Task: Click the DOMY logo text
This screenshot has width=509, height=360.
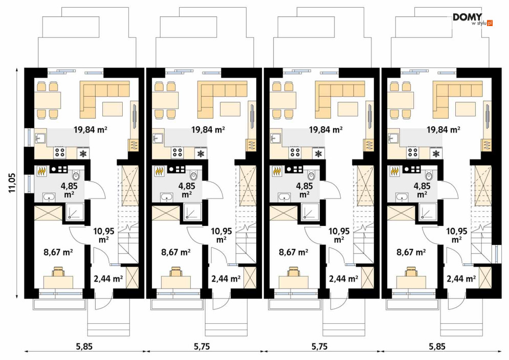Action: click(x=467, y=17)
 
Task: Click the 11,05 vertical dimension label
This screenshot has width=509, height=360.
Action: click(x=12, y=183)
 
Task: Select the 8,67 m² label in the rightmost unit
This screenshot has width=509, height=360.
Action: click(x=411, y=252)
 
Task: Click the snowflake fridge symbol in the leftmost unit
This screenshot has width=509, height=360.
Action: click(x=83, y=153)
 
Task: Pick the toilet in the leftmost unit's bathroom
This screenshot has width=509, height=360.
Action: click(x=76, y=175)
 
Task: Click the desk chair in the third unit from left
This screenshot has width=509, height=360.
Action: click(x=294, y=272)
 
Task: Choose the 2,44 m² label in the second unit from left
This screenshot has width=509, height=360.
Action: click(x=226, y=278)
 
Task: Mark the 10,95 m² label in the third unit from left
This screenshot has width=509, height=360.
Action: click(x=339, y=235)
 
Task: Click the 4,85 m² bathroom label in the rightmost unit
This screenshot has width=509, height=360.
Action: click(x=422, y=190)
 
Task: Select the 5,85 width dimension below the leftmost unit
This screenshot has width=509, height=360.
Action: click(x=84, y=347)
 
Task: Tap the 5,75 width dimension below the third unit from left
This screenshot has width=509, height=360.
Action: click(x=320, y=347)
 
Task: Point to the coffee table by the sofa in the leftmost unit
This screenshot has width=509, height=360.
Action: click(x=113, y=109)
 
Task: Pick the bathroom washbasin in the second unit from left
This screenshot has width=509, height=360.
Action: click(x=167, y=197)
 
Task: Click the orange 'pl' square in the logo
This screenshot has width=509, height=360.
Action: click(x=490, y=23)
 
